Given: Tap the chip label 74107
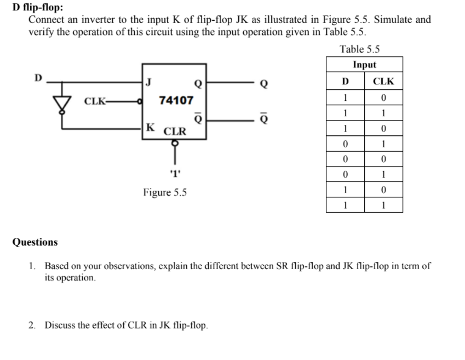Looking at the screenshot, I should click(175, 100).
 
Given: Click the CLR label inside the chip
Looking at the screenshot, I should click(175, 132).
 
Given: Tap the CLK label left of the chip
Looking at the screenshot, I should click(94, 101).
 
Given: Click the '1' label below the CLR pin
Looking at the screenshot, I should click(175, 174).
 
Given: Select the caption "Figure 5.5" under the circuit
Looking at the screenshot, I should click(165, 192).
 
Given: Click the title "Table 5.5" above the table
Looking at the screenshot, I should click(360, 49).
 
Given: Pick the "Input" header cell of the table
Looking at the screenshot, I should click(364, 65).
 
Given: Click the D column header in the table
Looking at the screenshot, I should click(345, 81).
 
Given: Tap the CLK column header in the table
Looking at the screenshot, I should click(383, 81).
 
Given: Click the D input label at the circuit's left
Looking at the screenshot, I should click(38, 77).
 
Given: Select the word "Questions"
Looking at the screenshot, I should click(35, 242).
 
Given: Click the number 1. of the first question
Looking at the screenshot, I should click(33, 266).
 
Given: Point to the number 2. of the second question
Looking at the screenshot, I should click(33, 325).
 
